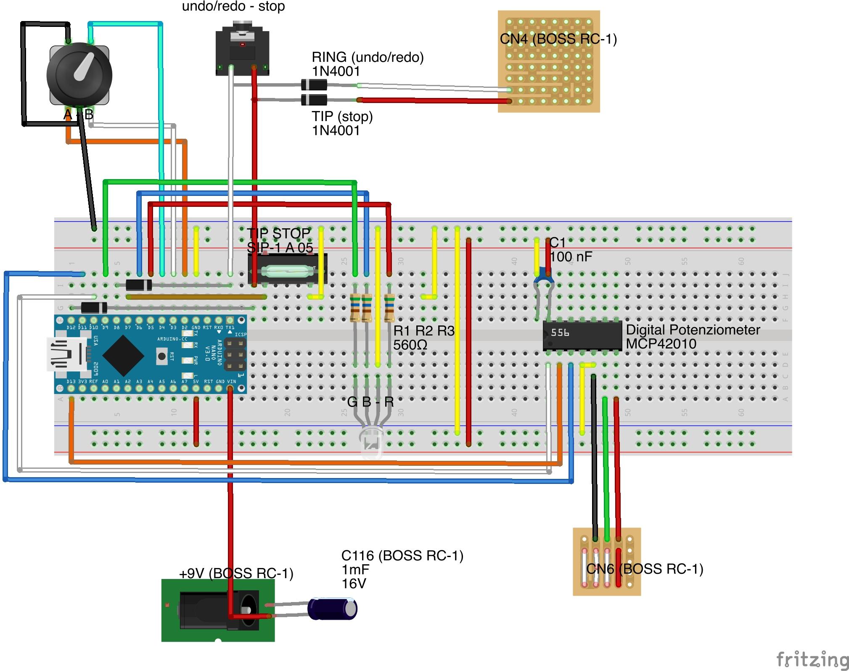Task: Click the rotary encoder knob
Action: point(79,74)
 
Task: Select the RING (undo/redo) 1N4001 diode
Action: point(314,85)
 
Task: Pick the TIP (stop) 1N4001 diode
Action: point(314,100)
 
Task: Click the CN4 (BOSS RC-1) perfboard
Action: point(549,61)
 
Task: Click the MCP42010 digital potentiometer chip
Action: point(582,335)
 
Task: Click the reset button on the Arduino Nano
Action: point(161,356)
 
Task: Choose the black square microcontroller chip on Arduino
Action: point(123,355)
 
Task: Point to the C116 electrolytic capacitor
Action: point(332,609)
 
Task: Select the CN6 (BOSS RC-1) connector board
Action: point(606,562)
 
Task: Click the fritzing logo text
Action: point(812,658)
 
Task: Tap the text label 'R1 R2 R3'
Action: point(424,331)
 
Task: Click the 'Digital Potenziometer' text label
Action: point(693,330)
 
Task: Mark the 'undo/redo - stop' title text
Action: point(233,6)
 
